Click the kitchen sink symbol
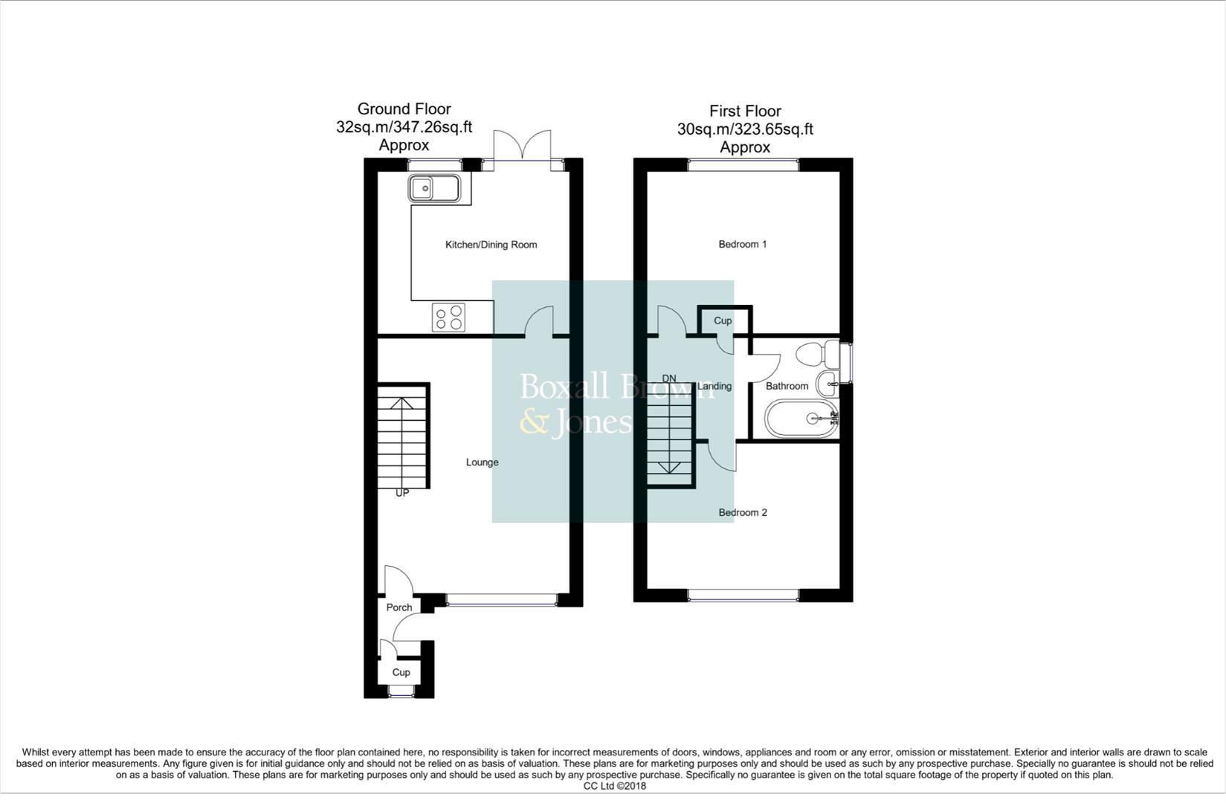[x=434, y=188]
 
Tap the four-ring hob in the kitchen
[x=449, y=318]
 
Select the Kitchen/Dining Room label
[x=491, y=245]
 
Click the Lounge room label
[x=482, y=462]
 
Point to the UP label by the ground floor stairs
[x=402, y=493]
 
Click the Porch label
[x=399, y=607]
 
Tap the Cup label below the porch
[x=401, y=672]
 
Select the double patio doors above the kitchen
[x=523, y=145]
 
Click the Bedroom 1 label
[x=742, y=245]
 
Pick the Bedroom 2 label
[x=742, y=512]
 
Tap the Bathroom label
[x=787, y=386]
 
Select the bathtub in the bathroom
[x=801, y=419]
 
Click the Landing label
[x=714, y=386]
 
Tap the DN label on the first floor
[x=669, y=378]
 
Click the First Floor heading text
[x=745, y=112]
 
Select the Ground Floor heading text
[x=404, y=109]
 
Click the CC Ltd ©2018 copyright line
[x=614, y=786]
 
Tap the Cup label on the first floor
[x=723, y=320]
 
